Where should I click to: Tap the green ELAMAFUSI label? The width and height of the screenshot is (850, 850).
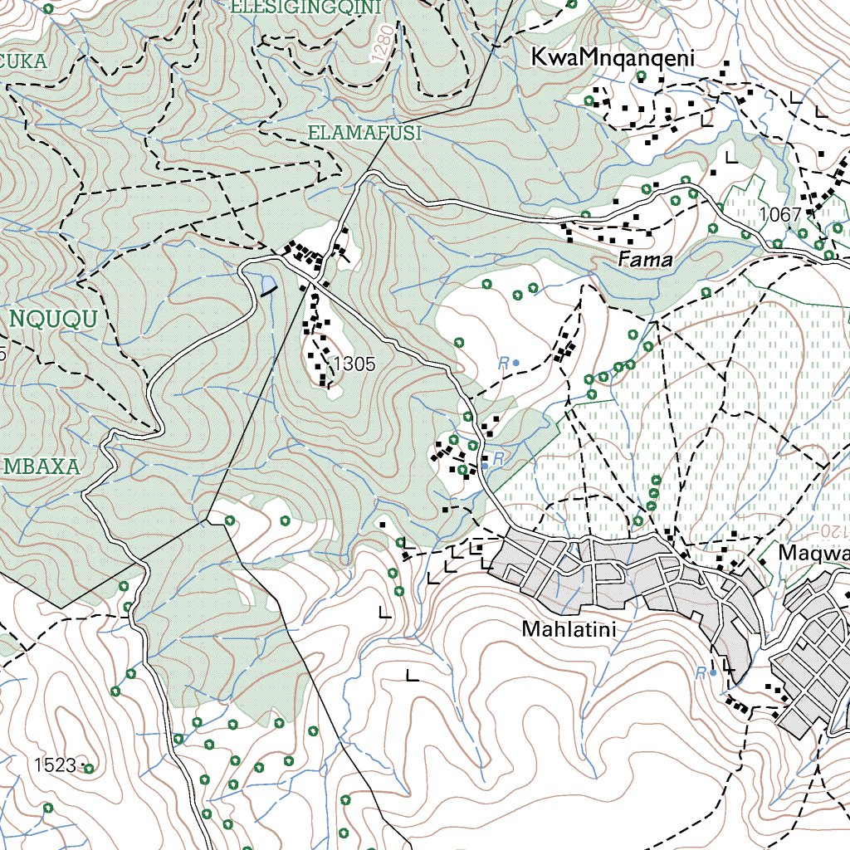pos(365,133)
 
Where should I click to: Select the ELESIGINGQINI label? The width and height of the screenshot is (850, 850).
pos(306,7)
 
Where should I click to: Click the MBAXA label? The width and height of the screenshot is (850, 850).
pos(42,467)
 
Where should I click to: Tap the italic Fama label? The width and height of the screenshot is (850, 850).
pos(644,260)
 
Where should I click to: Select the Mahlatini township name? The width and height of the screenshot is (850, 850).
pos(569,630)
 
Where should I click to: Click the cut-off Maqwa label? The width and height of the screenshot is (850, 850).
pos(813,553)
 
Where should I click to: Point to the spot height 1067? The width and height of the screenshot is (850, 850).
pos(780,215)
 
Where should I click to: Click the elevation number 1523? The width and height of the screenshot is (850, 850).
pos(56,765)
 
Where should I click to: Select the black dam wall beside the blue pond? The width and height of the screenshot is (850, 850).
pos(271,291)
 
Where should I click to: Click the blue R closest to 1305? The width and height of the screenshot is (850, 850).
pos(503,363)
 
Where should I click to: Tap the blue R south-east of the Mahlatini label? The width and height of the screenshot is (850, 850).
pos(701,672)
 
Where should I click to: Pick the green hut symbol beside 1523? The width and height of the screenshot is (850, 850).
pos(88,769)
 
